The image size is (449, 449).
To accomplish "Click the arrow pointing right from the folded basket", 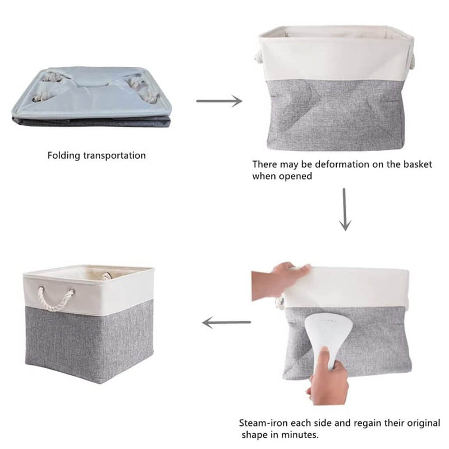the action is pos(219,101).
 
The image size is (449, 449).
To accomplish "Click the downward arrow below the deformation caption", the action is pos(345,209).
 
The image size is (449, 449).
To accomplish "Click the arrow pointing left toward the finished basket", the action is pos(226,322).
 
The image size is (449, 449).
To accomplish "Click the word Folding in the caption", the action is pos(63,156).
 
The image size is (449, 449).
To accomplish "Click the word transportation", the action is pos(114,155).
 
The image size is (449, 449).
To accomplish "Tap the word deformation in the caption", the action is pos(342,164).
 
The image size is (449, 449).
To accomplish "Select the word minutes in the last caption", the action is pos(300,434).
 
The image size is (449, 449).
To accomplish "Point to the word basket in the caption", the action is pos(418,164).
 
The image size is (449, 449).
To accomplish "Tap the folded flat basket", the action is pos(91,97).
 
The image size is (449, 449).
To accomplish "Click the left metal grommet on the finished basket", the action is pos(41,288).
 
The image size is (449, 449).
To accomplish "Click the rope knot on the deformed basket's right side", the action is pos(411,62).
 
